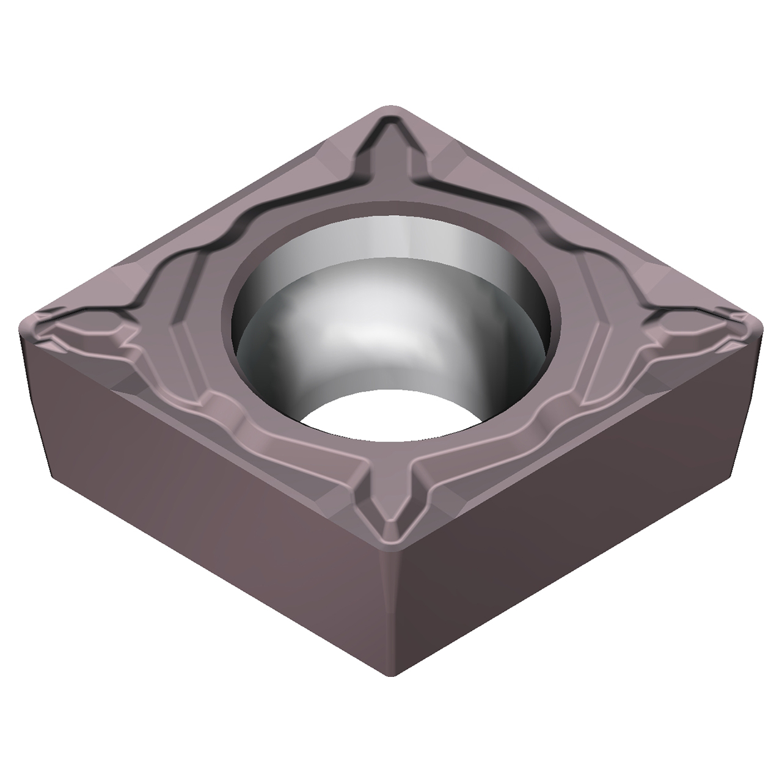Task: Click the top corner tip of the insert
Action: click(391, 109)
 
